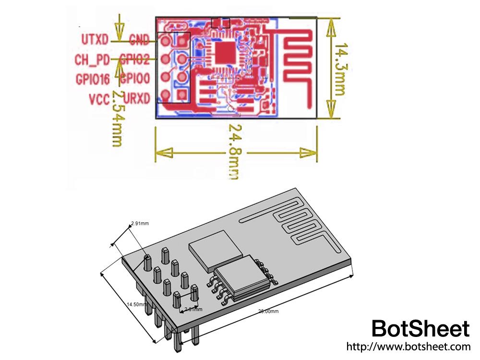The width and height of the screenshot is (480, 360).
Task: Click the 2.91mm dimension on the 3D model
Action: (x=140, y=223)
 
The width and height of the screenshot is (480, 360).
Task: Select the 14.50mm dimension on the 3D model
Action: (x=136, y=304)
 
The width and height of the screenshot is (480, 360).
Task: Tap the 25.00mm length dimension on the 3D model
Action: (x=268, y=311)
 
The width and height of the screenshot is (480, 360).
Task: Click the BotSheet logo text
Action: (x=420, y=329)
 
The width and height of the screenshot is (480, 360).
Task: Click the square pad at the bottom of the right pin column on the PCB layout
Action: (x=182, y=95)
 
